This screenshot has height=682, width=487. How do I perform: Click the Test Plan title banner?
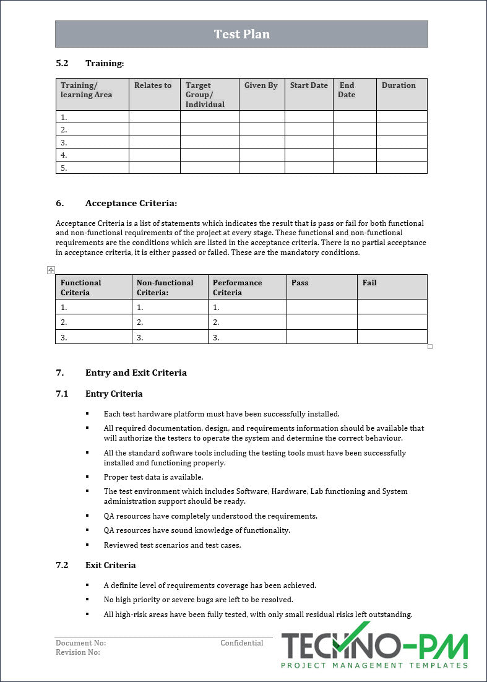(x=241, y=34)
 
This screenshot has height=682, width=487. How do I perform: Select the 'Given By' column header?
(x=261, y=85)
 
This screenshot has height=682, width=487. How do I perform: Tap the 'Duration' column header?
(x=399, y=85)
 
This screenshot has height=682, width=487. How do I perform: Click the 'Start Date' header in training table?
(x=309, y=85)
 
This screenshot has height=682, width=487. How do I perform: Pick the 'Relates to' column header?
(x=153, y=85)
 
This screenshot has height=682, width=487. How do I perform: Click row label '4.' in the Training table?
(x=64, y=155)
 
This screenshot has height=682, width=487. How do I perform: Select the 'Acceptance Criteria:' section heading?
(x=131, y=203)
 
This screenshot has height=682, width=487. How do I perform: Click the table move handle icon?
(x=51, y=270)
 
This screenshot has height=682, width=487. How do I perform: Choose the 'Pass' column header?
(x=300, y=283)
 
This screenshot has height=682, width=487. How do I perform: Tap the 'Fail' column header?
(x=369, y=283)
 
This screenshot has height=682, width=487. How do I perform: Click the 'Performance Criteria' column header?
(x=237, y=287)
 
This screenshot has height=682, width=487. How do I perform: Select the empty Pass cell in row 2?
(x=322, y=322)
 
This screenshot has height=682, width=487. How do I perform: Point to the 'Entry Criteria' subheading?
(x=114, y=394)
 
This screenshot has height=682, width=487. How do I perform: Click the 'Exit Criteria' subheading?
(x=110, y=565)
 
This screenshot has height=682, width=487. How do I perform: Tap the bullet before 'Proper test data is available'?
(x=87, y=477)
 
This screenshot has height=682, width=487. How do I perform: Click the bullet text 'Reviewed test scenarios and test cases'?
(x=172, y=545)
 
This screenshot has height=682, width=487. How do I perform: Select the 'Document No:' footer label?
(x=80, y=643)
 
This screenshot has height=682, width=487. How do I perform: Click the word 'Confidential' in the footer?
(x=241, y=643)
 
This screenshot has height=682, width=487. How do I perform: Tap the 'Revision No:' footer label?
(x=78, y=652)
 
